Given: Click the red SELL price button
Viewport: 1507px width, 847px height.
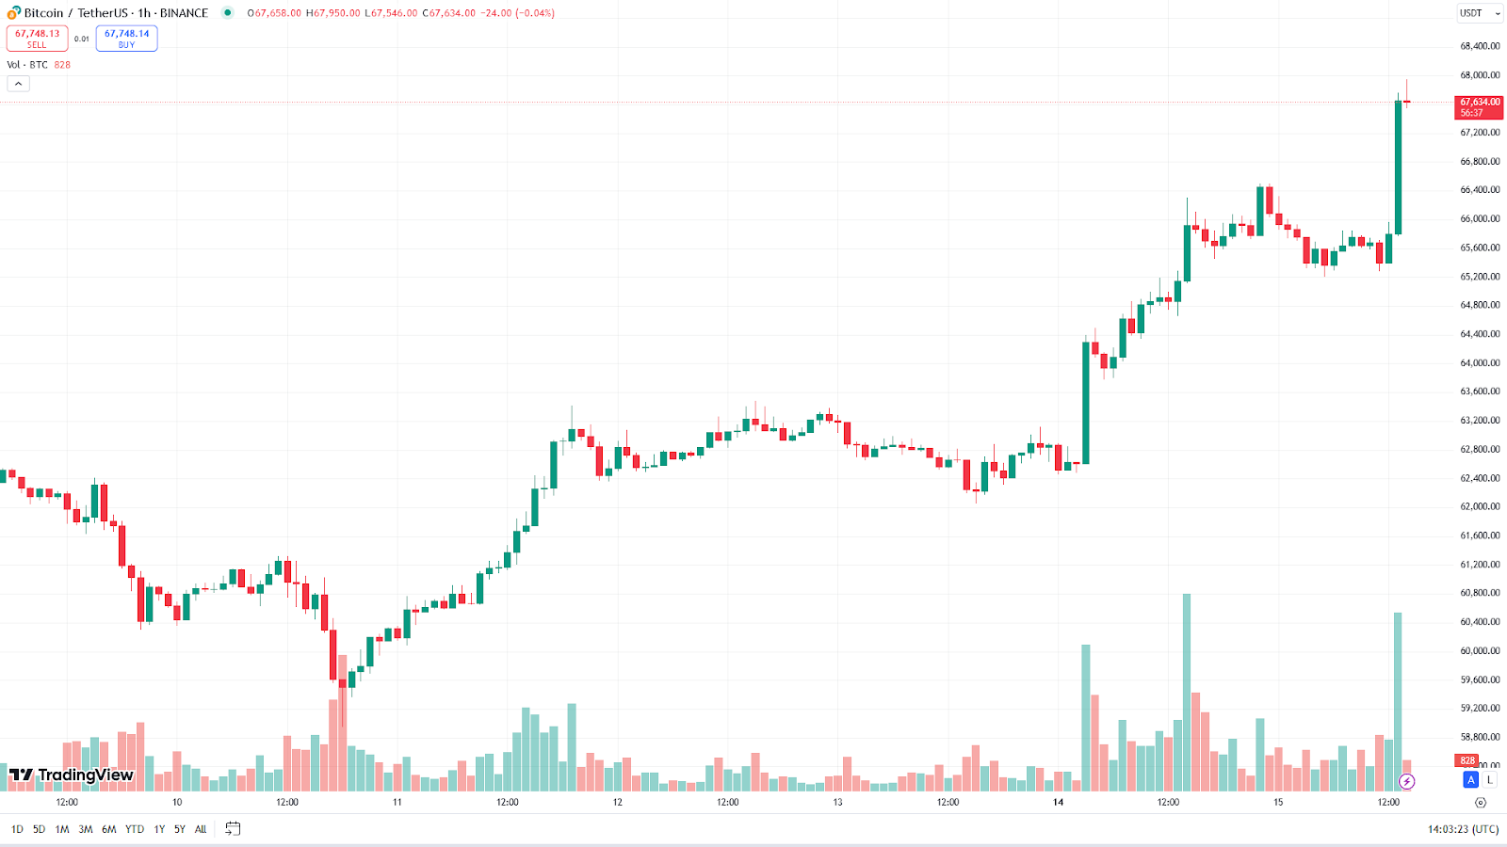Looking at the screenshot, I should pos(37,39).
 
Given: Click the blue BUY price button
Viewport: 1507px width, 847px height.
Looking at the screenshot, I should pos(126,39).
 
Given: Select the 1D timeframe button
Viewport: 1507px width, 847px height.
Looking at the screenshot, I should pos(17,829).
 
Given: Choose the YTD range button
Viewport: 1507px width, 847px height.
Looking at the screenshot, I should pos(135,829).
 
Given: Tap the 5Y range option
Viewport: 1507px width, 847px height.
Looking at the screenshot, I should pos(180,829).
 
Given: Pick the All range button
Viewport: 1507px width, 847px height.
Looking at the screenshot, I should pos(201,829).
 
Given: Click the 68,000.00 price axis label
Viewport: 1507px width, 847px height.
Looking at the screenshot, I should pos(1480,75).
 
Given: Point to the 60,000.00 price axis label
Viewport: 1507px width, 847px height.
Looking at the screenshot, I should pos(1480,651).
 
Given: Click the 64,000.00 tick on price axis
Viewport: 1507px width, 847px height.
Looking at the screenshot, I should pos(1480,363).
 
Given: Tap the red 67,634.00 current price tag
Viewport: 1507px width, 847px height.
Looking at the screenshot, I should pos(1479,107).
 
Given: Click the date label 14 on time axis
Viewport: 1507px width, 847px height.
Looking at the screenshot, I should pos(1058,803).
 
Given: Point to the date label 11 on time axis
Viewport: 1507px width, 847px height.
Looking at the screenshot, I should pos(397,803).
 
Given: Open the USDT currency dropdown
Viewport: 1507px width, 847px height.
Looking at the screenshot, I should pos(1479,13).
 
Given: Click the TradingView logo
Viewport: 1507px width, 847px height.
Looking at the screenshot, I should pos(72,775).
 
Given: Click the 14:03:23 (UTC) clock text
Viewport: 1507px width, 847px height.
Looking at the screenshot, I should pos(1463,829).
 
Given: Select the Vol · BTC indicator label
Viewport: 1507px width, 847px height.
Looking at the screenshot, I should pos(27,65).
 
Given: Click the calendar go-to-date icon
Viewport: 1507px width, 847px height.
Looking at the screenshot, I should pos(233,829).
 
